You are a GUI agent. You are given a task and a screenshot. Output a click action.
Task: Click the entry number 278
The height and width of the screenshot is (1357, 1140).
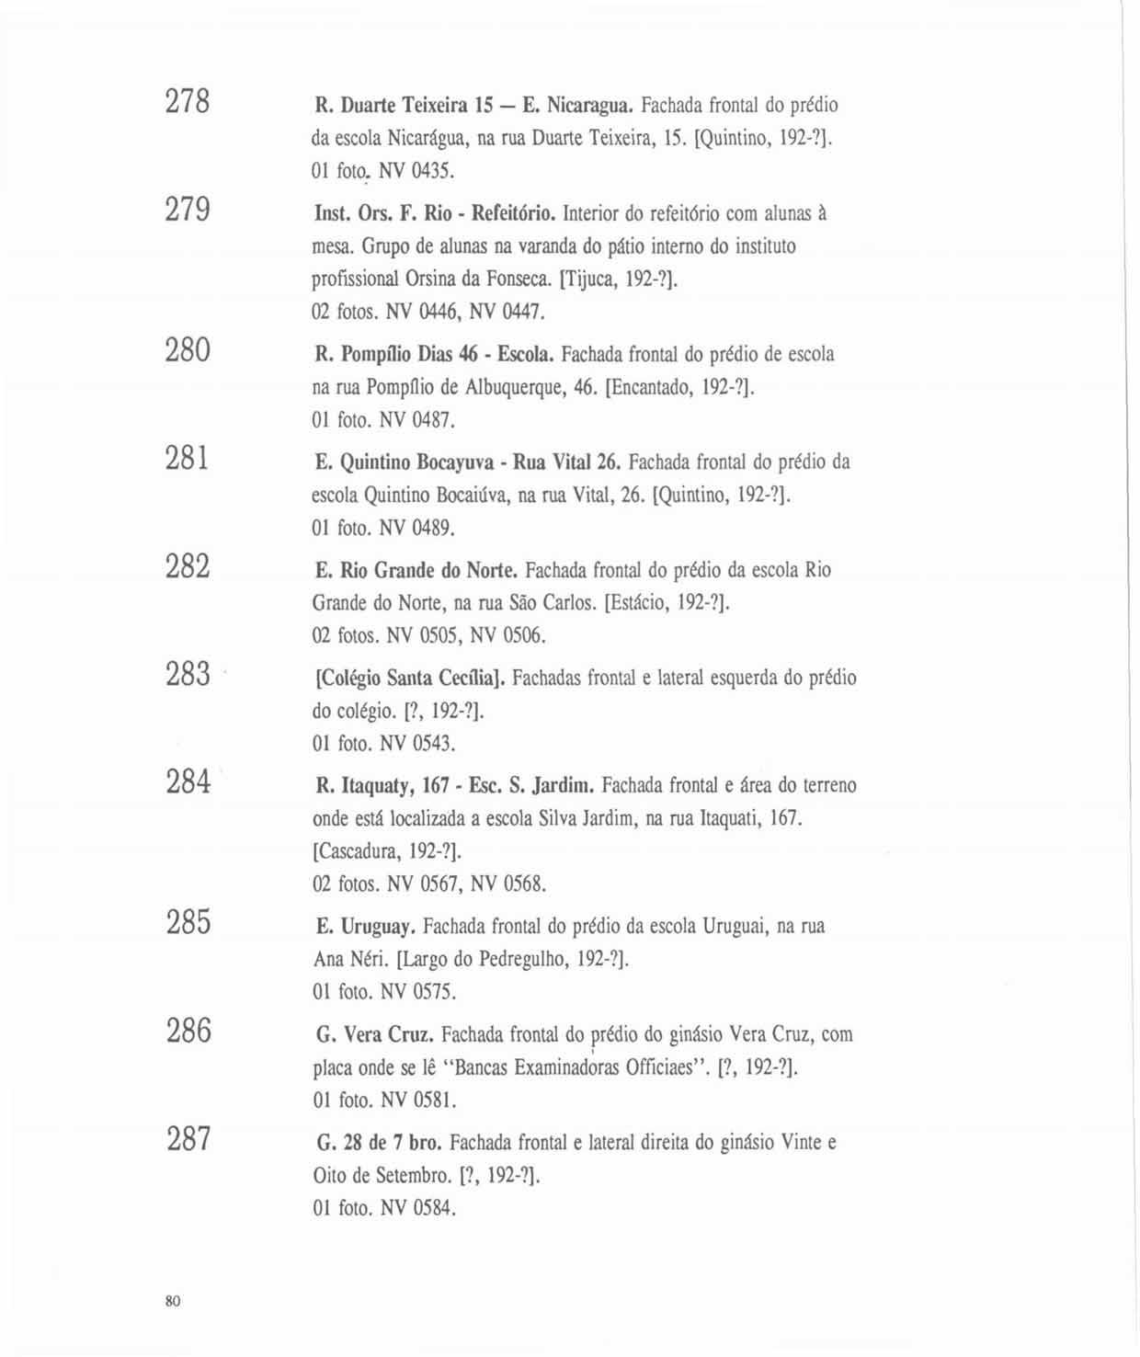click(188, 100)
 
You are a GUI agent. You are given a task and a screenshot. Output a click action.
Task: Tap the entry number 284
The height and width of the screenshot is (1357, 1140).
click(188, 781)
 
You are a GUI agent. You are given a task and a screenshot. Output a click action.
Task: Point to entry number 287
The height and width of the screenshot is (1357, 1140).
click(188, 1139)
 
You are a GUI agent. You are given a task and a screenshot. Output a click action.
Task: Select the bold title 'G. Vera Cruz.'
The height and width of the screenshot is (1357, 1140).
click(375, 1035)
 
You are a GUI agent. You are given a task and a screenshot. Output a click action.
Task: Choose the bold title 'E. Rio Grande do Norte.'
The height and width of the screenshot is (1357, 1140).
click(417, 571)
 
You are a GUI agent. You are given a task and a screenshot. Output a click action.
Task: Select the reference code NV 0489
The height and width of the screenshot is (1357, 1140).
click(417, 529)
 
